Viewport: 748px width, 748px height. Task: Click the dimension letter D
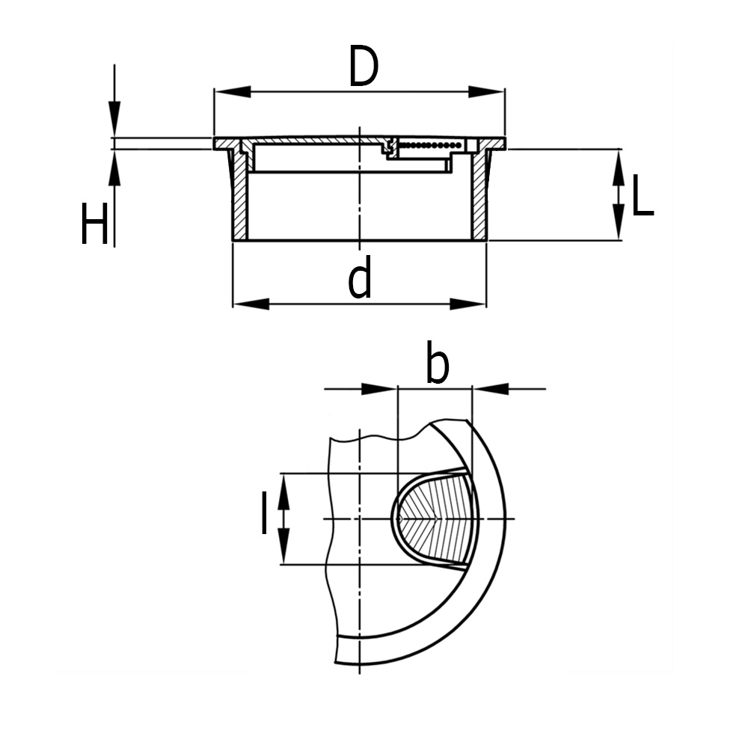pos(364,66)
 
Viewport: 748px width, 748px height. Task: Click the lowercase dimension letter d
pos(360,277)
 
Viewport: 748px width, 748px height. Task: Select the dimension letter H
pos(94,224)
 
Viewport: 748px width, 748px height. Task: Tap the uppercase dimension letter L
pos(643,195)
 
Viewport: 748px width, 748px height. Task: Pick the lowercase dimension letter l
pos(264,513)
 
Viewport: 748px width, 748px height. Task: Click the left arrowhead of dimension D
pos(233,91)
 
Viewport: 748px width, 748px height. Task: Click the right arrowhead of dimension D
pos(486,91)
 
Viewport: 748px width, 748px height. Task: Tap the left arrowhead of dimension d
pos(251,304)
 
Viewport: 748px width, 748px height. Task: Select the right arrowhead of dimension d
pos(468,304)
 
